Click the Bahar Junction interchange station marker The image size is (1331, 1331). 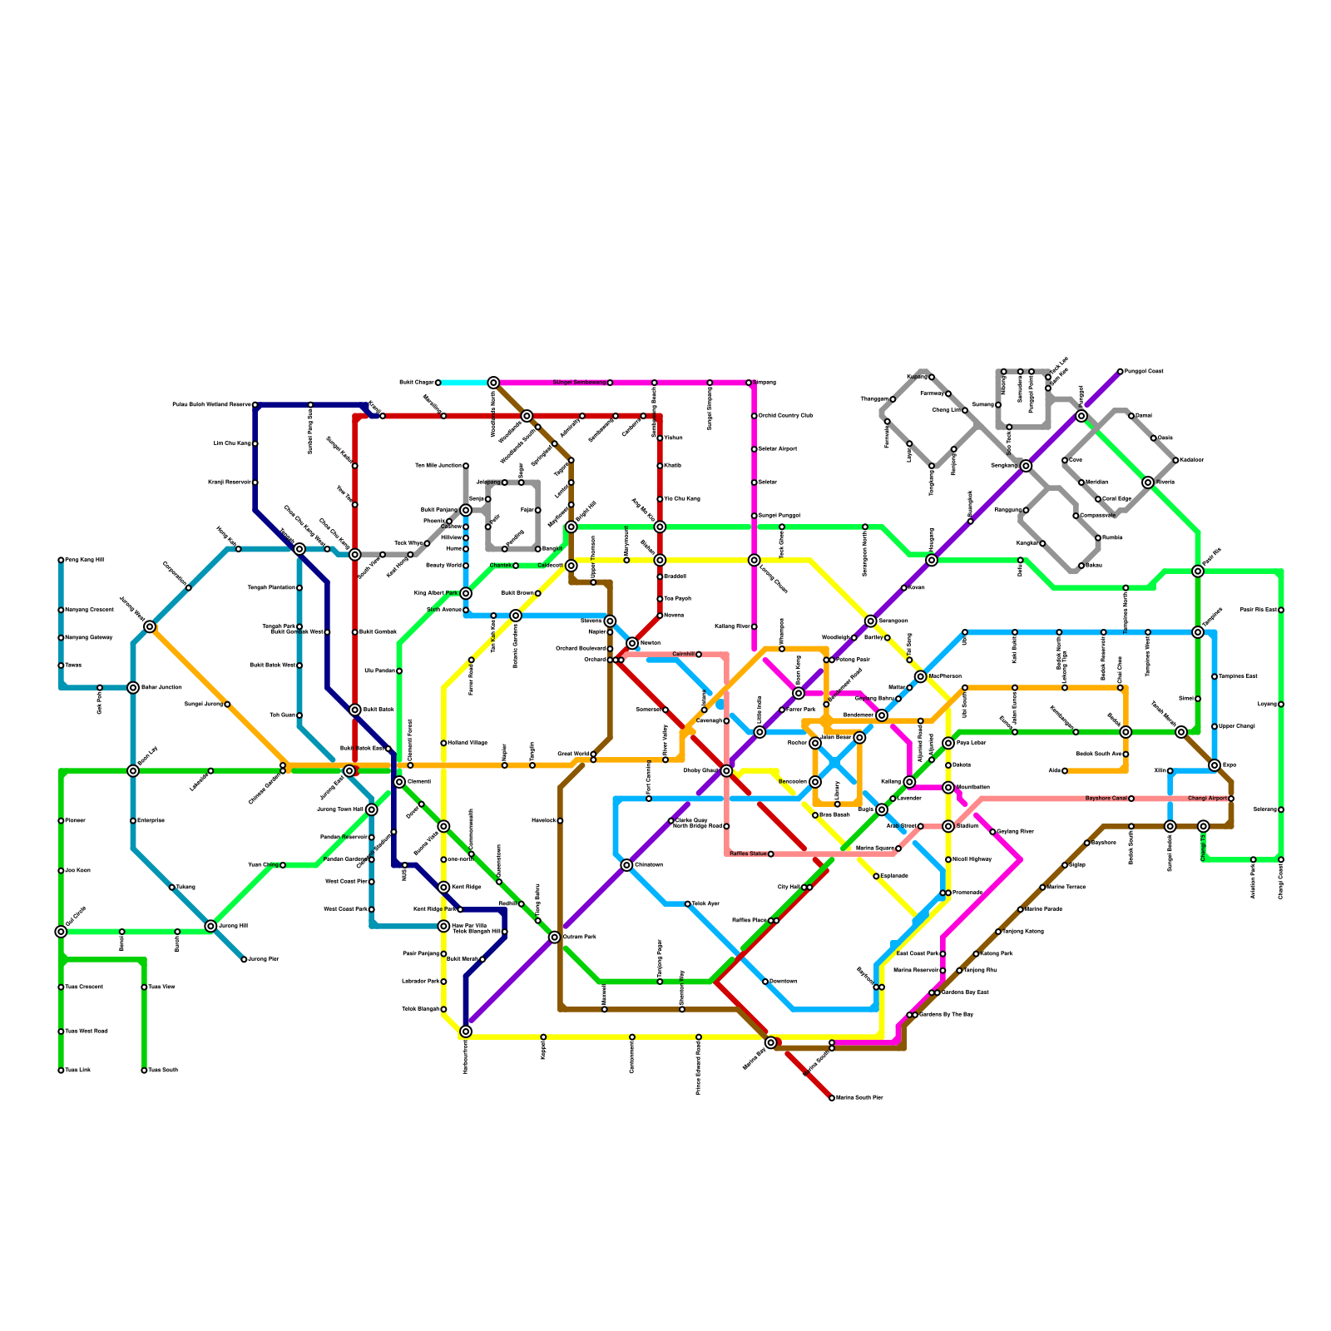pos(133,687)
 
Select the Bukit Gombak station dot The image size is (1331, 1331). pos(354,632)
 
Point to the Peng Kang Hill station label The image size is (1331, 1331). pos(85,560)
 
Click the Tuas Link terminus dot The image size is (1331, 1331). pos(61,1071)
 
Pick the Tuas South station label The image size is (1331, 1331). pos(163,1071)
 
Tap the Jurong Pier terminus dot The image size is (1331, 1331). pos(244,960)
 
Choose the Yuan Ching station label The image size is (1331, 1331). pos(263,865)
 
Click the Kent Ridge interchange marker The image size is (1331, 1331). pos(443,888)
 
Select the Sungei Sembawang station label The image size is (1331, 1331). pos(579,383)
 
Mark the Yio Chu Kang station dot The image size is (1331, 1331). pos(660,499)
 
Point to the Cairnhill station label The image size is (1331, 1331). pos(682,655)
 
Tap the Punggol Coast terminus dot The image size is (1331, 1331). pos(1121,371)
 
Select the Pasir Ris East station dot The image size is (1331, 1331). pos(1281,610)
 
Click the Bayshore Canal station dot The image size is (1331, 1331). pos(1131,799)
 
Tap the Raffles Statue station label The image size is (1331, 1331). pos(748,854)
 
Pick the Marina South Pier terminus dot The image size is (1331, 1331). pos(832,1098)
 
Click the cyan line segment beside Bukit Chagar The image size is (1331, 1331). pos(466,383)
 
